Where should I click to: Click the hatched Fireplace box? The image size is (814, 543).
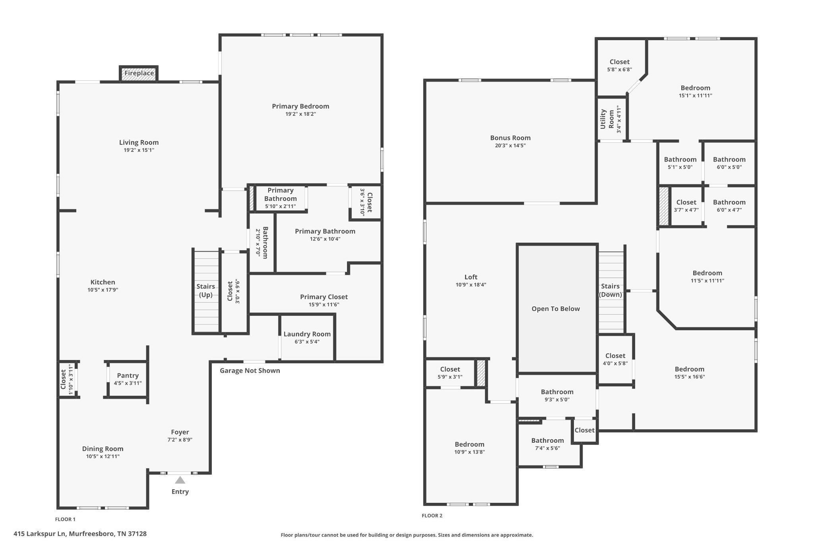tap(139, 74)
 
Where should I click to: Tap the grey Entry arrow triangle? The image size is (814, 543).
tap(180, 480)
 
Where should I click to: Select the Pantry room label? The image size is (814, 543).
tap(128, 376)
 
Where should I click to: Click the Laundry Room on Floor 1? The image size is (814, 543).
tap(307, 337)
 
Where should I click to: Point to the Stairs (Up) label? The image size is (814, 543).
tap(205, 290)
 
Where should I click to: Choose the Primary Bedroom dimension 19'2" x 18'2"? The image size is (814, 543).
tap(300, 114)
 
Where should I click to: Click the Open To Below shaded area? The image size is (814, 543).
tap(556, 309)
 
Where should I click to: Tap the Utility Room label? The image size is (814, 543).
tap(607, 119)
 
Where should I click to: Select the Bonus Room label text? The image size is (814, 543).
tap(510, 138)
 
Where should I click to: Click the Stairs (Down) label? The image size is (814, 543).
tap(610, 290)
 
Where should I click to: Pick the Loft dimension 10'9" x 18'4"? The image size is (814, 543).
tap(471, 285)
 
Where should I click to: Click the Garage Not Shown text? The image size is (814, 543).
tap(250, 371)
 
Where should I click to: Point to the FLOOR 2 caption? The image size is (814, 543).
tap(432, 516)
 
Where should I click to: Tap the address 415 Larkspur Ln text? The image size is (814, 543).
tap(80, 534)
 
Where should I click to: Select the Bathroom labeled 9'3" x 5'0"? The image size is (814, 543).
tap(557, 395)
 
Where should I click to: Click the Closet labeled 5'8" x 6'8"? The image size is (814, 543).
tap(619, 65)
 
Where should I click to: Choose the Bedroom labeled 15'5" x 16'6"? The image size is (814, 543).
tap(689, 373)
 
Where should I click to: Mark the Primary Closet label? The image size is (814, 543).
tap(324, 297)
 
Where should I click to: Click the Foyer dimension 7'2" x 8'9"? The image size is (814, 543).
tap(180, 440)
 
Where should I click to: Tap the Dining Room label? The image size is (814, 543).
tap(103, 449)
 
